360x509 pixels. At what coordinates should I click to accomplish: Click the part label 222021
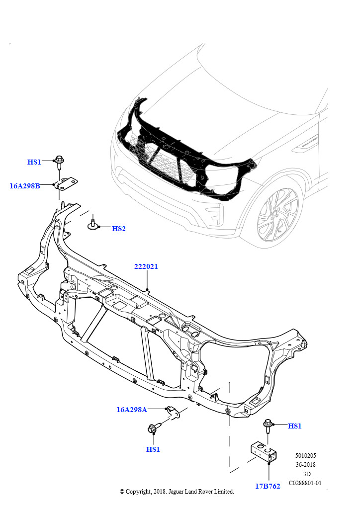point(146,266)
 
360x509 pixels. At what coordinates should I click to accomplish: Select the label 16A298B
point(25,186)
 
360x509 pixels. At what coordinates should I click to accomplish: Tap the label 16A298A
point(132,410)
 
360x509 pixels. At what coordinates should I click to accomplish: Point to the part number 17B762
point(268,486)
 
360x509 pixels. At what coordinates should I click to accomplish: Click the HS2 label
point(119,229)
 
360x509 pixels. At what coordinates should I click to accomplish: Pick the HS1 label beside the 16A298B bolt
point(34,162)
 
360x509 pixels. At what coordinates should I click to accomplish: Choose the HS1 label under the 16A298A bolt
point(153,449)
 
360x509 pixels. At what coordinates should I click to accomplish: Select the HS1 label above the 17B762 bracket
point(295,426)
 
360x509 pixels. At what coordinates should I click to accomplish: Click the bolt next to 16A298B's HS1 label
point(59,162)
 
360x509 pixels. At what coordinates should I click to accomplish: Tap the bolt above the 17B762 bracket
point(268,425)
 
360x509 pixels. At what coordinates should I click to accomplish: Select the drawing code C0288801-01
point(305,483)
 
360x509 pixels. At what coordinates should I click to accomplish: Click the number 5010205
point(305,455)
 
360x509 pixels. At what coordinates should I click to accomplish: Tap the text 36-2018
point(305,465)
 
